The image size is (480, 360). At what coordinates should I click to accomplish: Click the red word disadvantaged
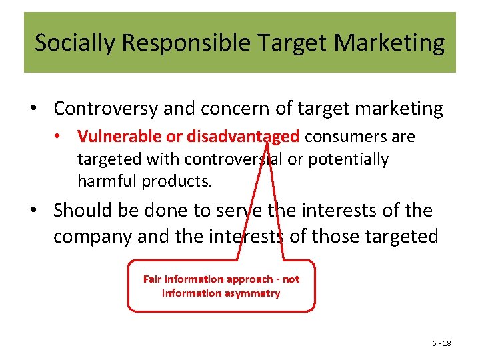pyautogui.click(x=243, y=137)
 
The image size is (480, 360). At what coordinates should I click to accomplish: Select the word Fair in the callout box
pyautogui.click(x=153, y=279)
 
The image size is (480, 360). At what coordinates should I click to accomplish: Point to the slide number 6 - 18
pyautogui.click(x=441, y=343)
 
